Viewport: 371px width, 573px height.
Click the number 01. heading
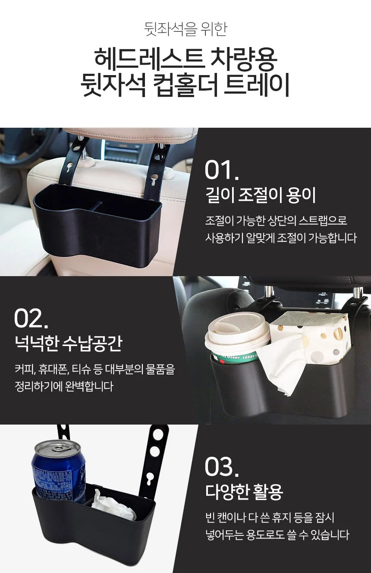[222, 170]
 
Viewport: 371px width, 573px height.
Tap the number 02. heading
[31, 318]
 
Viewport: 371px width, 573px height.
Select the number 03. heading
[222, 467]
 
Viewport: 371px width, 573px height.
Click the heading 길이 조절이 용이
[260, 195]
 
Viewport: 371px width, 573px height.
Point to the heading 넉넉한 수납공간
[69, 343]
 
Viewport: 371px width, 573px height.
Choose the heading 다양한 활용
[244, 491]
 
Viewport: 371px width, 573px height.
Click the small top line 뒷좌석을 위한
[185, 29]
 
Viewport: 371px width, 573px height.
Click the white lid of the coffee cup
[237, 333]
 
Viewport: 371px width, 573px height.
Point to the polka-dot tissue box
[311, 334]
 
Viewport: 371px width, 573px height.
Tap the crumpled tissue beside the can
[113, 505]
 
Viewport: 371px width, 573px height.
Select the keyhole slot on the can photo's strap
[148, 482]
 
